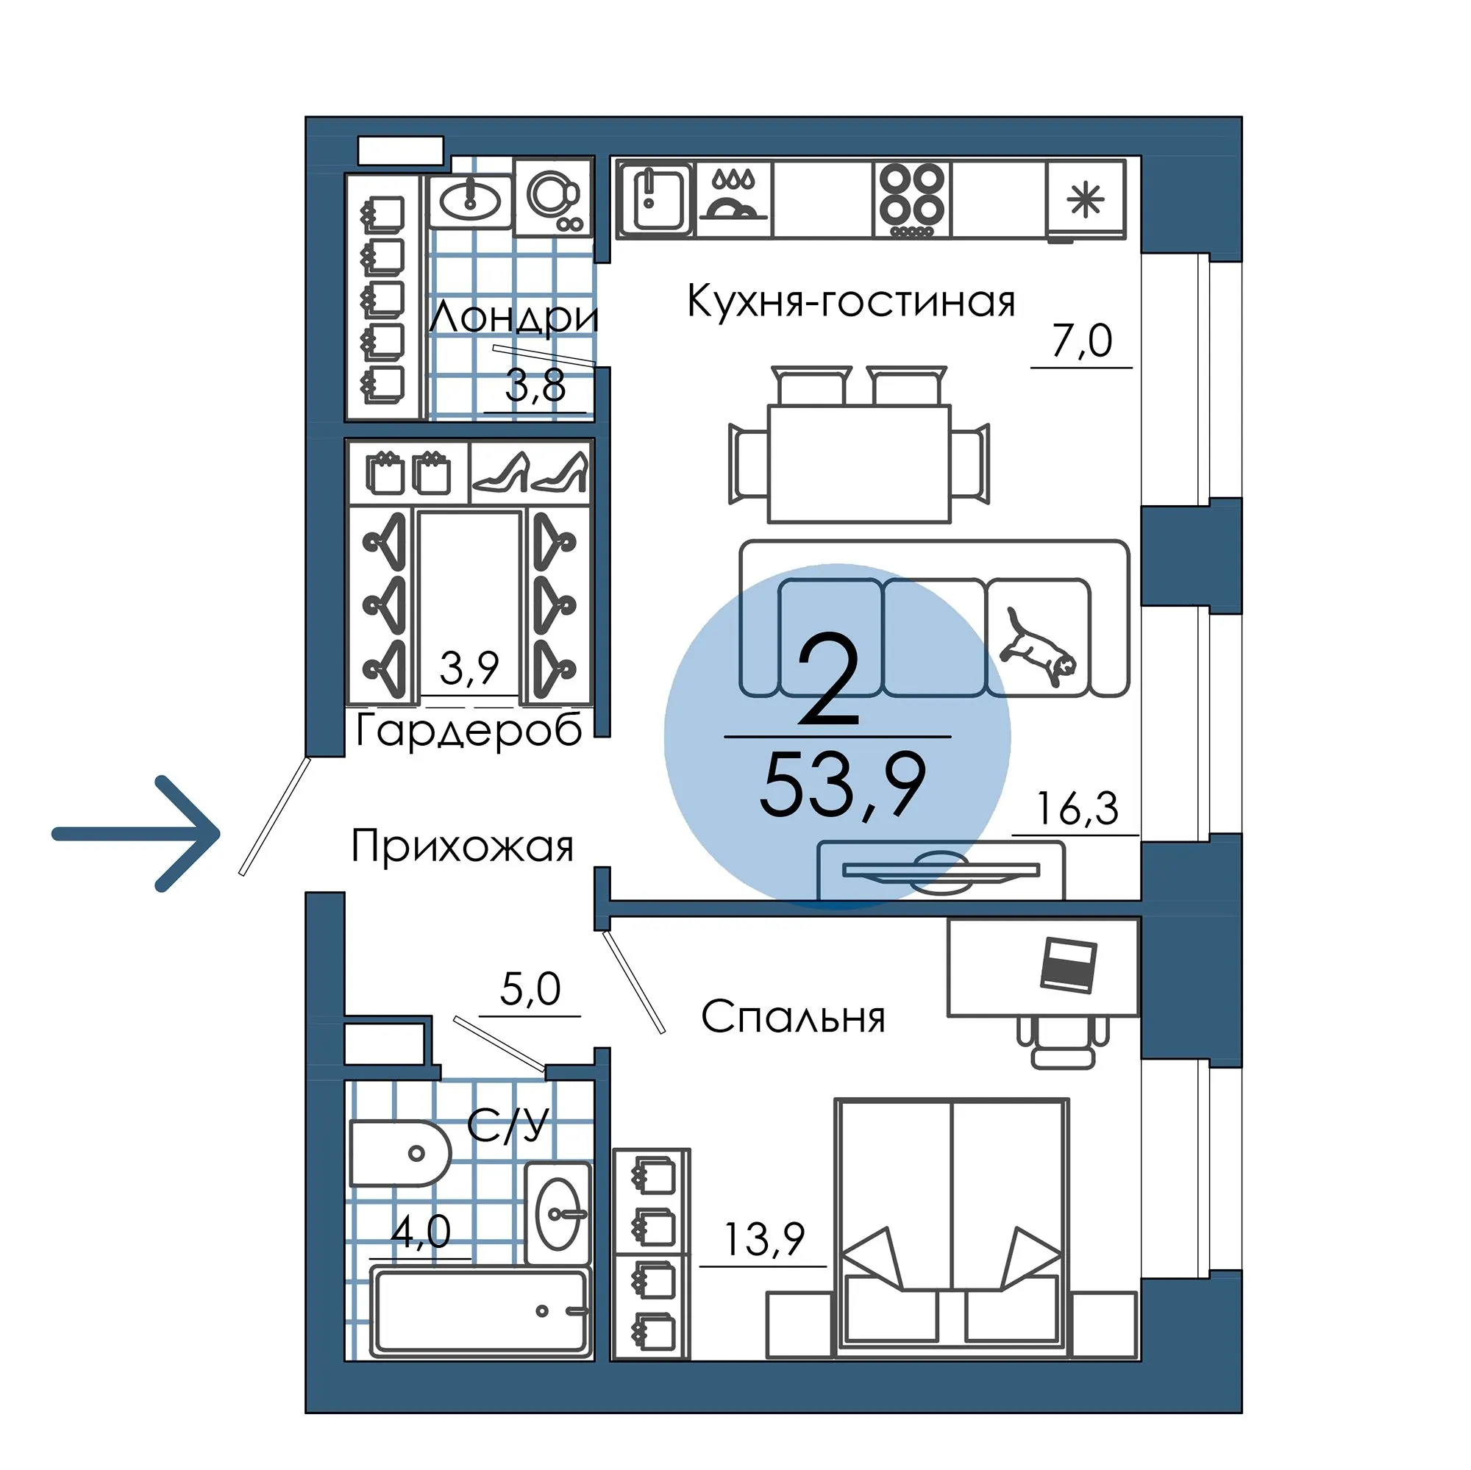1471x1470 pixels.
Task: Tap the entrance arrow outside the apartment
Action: pos(135,834)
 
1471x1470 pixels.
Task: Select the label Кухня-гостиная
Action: pos(850,302)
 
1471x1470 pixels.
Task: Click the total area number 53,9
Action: pos(842,785)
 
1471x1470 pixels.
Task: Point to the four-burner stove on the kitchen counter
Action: pos(912,200)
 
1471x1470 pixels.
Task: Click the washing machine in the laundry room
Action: pos(552,197)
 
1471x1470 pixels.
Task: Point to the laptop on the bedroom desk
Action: pos(1068,966)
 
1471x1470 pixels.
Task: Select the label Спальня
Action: pos(793,1017)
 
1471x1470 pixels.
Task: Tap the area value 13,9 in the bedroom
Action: pos(763,1239)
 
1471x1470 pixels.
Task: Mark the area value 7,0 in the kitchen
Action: pos(1082,340)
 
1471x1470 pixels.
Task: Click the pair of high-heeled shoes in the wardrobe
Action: pos(530,473)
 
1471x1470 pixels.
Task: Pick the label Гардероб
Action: pos(469,729)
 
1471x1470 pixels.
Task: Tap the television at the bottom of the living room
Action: pos(941,871)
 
